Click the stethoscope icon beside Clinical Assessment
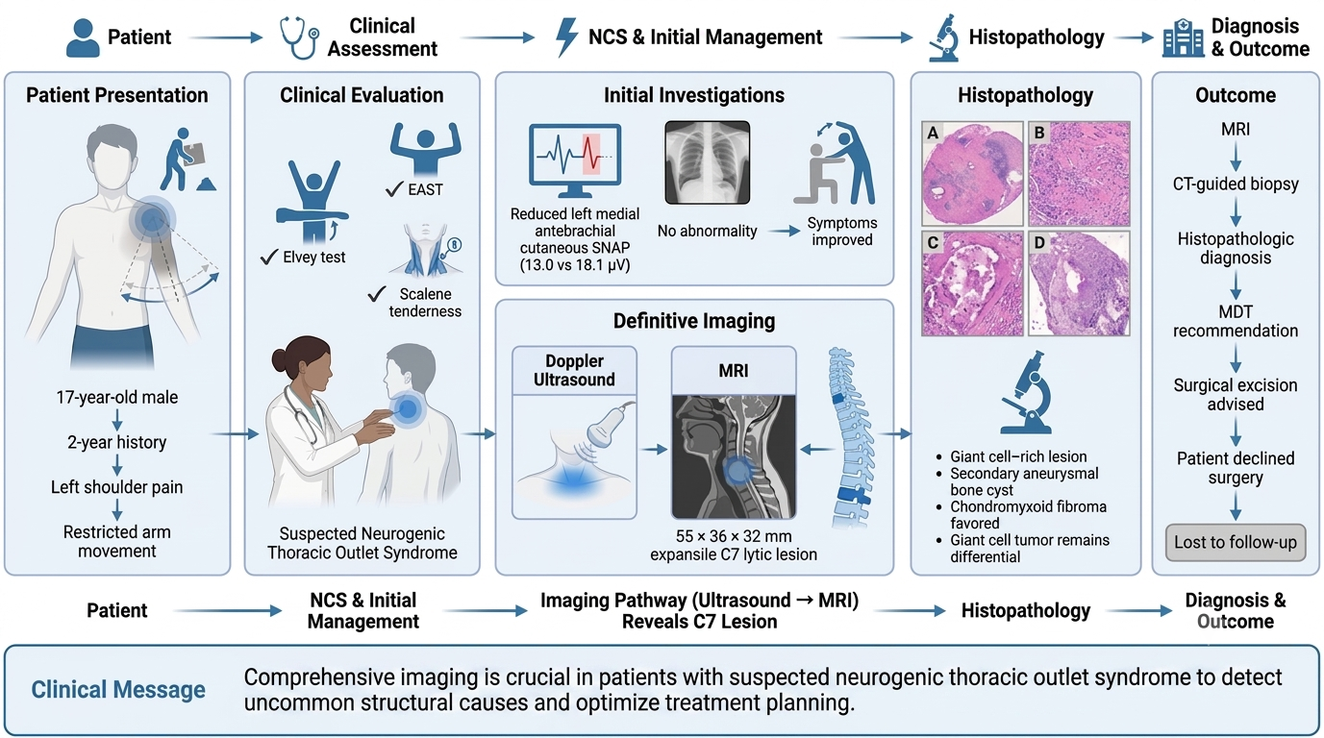[x=298, y=37]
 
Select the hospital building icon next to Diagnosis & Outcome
[x=1183, y=37]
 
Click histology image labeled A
[x=972, y=174]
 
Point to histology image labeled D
[x=1080, y=283]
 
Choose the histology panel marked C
[x=972, y=283]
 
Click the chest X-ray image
[x=708, y=162]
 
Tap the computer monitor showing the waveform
[x=575, y=160]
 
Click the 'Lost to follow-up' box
[x=1236, y=542]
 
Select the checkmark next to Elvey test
[x=269, y=257]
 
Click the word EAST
[x=425, y=189]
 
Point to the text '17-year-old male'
[x=117, y=397]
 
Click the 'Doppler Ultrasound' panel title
[x=574, y=370]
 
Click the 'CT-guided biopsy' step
[x=1236, y=184]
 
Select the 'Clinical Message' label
[x=118, y=690]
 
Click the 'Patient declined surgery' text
[x=1236, y=467]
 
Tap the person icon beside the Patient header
[x=83, y=37]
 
